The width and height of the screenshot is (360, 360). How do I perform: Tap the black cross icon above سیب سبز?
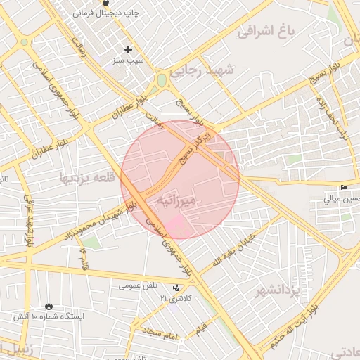click(128, 49)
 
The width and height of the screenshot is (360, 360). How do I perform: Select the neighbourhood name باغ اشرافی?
click(264, 31)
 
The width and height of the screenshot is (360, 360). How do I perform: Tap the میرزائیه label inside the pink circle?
click(181, 200)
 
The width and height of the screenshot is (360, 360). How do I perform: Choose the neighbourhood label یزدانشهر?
click(278, 290)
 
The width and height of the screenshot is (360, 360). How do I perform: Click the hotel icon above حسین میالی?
click(344, 187)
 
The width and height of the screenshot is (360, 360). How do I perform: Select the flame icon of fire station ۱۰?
click(49, 306)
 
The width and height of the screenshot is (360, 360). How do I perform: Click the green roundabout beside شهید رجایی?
click(162, 80)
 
